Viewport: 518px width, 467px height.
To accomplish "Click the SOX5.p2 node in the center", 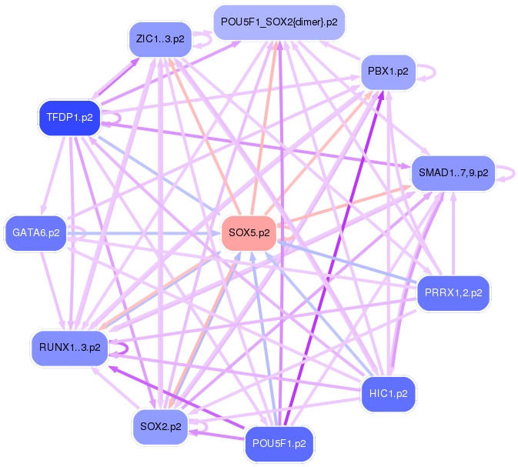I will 249,233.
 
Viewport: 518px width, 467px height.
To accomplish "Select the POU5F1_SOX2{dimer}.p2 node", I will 279,22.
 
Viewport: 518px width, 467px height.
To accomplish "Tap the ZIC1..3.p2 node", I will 159,38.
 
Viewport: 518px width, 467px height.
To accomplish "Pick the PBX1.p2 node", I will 388,72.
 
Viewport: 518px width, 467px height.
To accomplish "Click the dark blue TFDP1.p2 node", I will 69,118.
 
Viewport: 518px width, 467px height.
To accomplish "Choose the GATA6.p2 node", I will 36,232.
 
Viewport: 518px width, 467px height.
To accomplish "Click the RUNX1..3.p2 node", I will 69,348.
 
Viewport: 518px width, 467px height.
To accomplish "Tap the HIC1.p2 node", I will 388,394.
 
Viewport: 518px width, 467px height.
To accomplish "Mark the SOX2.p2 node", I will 161,425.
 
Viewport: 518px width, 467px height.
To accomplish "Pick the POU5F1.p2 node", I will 279,444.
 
